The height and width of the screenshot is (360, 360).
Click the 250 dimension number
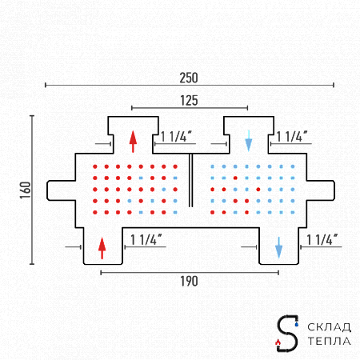tap(189, 78)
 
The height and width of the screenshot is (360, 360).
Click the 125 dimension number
tap(189, 101)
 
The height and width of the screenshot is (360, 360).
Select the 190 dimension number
tap(189, 282)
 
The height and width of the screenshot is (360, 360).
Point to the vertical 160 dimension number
tap(26, 190)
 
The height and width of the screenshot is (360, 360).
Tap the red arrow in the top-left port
tap(133, 142)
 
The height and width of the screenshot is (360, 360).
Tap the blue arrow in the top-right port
tap(249, 141)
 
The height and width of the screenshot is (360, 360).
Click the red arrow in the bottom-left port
tap(102, 248)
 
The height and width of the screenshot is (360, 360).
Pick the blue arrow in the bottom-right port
tap(278, 247)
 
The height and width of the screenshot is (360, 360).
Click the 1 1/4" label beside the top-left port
tap(176, 137)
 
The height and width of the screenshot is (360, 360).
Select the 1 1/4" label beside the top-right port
tap(292, 137)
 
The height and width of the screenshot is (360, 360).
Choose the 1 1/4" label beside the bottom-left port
tap(146, 239)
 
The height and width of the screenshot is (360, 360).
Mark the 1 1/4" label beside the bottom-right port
tap(322, 239)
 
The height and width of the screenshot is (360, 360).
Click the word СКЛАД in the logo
tap(329, 327)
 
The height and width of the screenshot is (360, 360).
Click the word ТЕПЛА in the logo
tap(329, 341)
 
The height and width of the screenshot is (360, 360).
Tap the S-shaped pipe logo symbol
tap(287, 333)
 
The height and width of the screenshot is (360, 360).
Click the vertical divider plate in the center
tap(190, 180)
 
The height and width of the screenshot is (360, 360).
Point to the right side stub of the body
tap(321, 190)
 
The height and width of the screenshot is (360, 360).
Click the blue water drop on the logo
tap(297, 324)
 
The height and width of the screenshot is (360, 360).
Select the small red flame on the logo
tap(278, 342)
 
